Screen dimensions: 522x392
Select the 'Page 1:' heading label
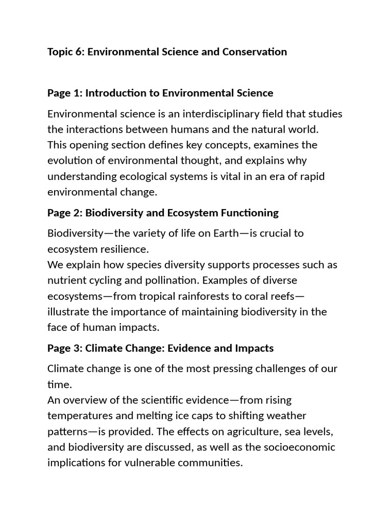click(x=65, y=93)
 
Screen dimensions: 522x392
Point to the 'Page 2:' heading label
click(x=65, y=213)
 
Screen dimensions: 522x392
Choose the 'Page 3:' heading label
click(x=65, y=348)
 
